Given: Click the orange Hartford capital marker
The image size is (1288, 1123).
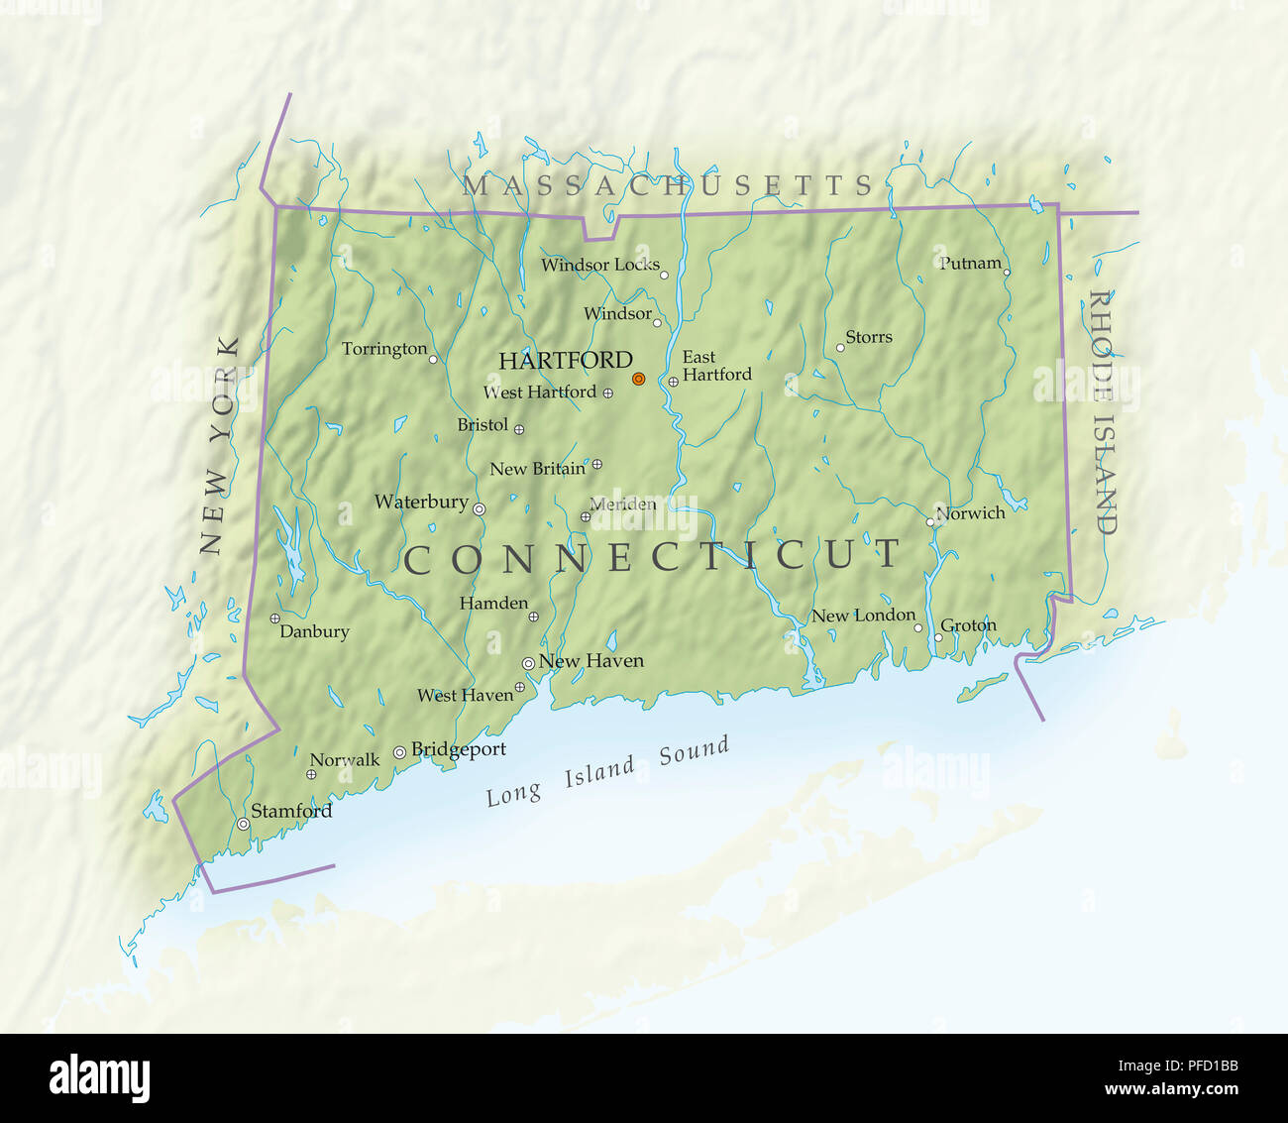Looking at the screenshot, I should click(x=638, y=379).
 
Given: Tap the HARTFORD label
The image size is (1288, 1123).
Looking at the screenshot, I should click(x=565, y=361).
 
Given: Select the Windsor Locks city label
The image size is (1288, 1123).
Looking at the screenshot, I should click(x=599, y=265).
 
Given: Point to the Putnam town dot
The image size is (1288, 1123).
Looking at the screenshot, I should click(x=1007, y=272).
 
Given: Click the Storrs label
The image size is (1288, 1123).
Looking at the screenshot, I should click(x=869, y=337).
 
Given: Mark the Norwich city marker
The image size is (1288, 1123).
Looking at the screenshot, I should click(x=930, y=521).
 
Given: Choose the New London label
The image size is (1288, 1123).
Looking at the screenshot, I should click(x=863, y=616).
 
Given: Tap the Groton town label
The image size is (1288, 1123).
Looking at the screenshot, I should click(x=968, y=625).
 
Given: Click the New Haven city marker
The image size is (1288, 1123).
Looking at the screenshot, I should click(x=528, y=663).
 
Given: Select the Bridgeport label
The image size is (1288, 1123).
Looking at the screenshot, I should click(x=458, y=749).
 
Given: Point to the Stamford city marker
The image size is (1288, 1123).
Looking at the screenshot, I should click(x=243, y=824).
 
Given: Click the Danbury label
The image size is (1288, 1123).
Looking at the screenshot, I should click(x=314, y=631).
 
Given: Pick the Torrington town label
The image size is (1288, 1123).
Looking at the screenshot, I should click(x=383, y=349).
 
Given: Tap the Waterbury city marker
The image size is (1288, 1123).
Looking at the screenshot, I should click(x=479, y=508).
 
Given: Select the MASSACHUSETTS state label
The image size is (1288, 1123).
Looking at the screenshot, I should click(x=667, y=185).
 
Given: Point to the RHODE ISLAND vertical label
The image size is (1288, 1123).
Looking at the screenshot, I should click(x=1102, y=411).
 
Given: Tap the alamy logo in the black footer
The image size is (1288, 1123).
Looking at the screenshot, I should click(x=99, y=1078).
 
